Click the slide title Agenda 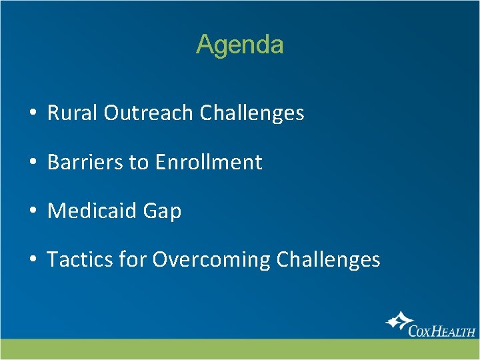click(240, 45)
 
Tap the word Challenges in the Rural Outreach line click(251, 113)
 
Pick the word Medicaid click(92, 211)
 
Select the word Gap click(162, 211)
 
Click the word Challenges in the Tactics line click(328, 259)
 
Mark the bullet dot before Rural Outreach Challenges click(32, 114)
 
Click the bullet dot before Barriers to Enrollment click(32, 163)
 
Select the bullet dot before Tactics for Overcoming click(32, 260)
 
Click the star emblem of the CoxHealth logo click(398, 322)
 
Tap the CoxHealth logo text click(441, 330)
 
